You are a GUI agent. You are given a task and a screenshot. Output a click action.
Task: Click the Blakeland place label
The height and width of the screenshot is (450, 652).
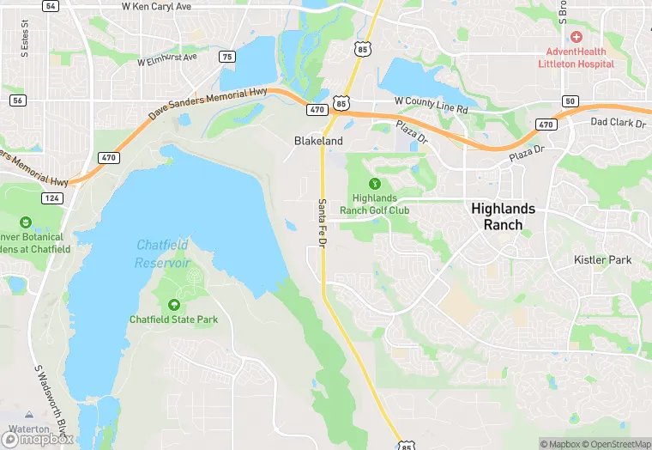pyautogui.click(x=318, y=141)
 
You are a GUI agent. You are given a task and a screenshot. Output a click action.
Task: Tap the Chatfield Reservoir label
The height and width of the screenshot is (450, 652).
pyautogui.click(x=162, y=253)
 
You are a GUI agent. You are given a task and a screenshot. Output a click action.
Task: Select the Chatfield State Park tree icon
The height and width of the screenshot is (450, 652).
pyautogui.click(x=174, y=305)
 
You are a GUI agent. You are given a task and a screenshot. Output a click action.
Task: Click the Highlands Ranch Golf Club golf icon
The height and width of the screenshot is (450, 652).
pyautogui.click(x=374, y=184)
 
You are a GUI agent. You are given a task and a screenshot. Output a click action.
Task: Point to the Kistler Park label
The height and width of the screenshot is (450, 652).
pyautogui.click(x=602, y=259)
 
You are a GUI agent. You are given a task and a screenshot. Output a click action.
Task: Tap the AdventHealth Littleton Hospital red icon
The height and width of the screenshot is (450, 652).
pyautogui.click(x=576, y=37)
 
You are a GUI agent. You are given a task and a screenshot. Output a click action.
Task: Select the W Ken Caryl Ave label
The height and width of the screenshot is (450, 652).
pyautogui.click(x=157, y=6)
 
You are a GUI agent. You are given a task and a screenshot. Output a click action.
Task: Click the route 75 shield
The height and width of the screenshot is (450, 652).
pyautogui.click(x=226, y=57)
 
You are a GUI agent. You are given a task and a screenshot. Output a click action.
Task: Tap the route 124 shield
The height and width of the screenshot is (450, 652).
pyautogui.click(x=52, y=199)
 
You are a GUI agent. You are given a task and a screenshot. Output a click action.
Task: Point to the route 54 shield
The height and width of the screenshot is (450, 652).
pyautogui.click(x=51, y=6)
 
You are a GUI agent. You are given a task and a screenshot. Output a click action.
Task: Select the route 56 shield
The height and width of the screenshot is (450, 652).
pyautogui.click(x=16, y=100)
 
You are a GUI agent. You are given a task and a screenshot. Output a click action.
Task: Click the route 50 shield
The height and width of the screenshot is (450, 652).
pyautogui.click(x=570, y=101)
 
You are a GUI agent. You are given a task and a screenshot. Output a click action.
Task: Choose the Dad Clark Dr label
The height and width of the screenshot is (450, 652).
pyautogui.click(x=618, y=123)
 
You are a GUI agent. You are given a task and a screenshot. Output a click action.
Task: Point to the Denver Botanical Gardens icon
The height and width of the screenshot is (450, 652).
pyautogui.click(x=26, y=222)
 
